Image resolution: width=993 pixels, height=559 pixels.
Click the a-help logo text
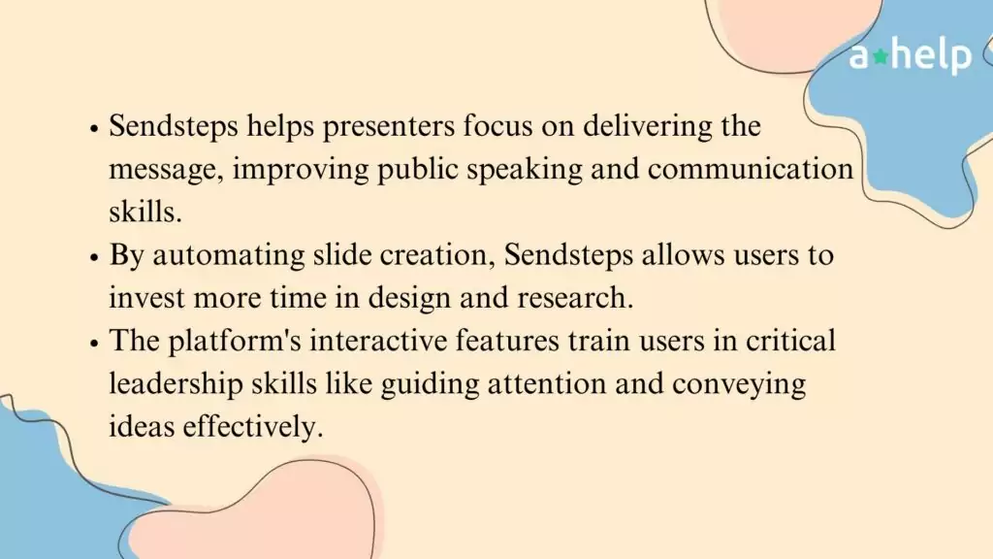tap(910, 55)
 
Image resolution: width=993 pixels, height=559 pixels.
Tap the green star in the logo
tap(881, 56)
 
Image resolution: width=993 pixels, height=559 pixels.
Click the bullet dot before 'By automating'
tap(94, 258)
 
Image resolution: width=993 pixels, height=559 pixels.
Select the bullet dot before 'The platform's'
tap(94, 344)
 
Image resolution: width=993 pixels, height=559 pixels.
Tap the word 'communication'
tap(751, 169)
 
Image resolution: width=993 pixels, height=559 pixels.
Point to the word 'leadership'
tap(176, 383)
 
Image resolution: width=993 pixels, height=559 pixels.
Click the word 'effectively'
tap(253, 426)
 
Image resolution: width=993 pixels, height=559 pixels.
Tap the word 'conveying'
tap(739, 384)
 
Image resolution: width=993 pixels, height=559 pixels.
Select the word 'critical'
tap(790, 341)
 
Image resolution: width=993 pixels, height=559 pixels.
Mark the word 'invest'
tap(147, 298)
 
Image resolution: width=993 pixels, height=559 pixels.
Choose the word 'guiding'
tap(430, 384)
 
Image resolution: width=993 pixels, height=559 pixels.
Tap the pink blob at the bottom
tap(253, 513)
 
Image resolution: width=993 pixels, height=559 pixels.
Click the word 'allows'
tap(684, 255)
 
